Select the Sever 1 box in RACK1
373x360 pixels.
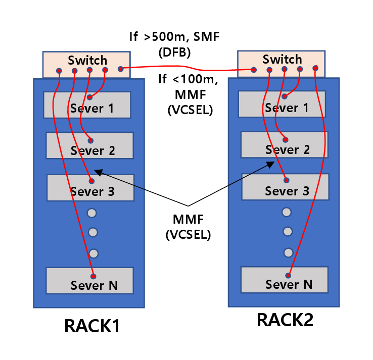pyautogui.click(x=87, y=105)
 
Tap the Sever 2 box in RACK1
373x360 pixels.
pyautogui.click(x=89, y=145)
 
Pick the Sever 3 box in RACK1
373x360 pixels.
pyautogui.click(x=90, y=187)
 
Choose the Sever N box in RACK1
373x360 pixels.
pyautogui.click(x=89, y=281)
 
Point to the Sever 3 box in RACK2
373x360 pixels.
pyautogui.click(x=286, y=186)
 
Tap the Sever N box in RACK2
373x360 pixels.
pyautogui.click(x=285, y=279)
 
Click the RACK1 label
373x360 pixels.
pyautogui.click(x=92, y=326)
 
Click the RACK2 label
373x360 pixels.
pyautogui.click(x=285, y=320)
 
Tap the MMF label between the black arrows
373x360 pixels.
pyautogui.click(x=188, y=220)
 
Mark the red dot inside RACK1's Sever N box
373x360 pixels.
pyautogui.click(x=94, y=276)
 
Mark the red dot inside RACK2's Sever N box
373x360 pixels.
pyautogui.click(x=289, y=275)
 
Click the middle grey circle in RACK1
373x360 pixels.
pyautogui.click(x=92, y=232)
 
